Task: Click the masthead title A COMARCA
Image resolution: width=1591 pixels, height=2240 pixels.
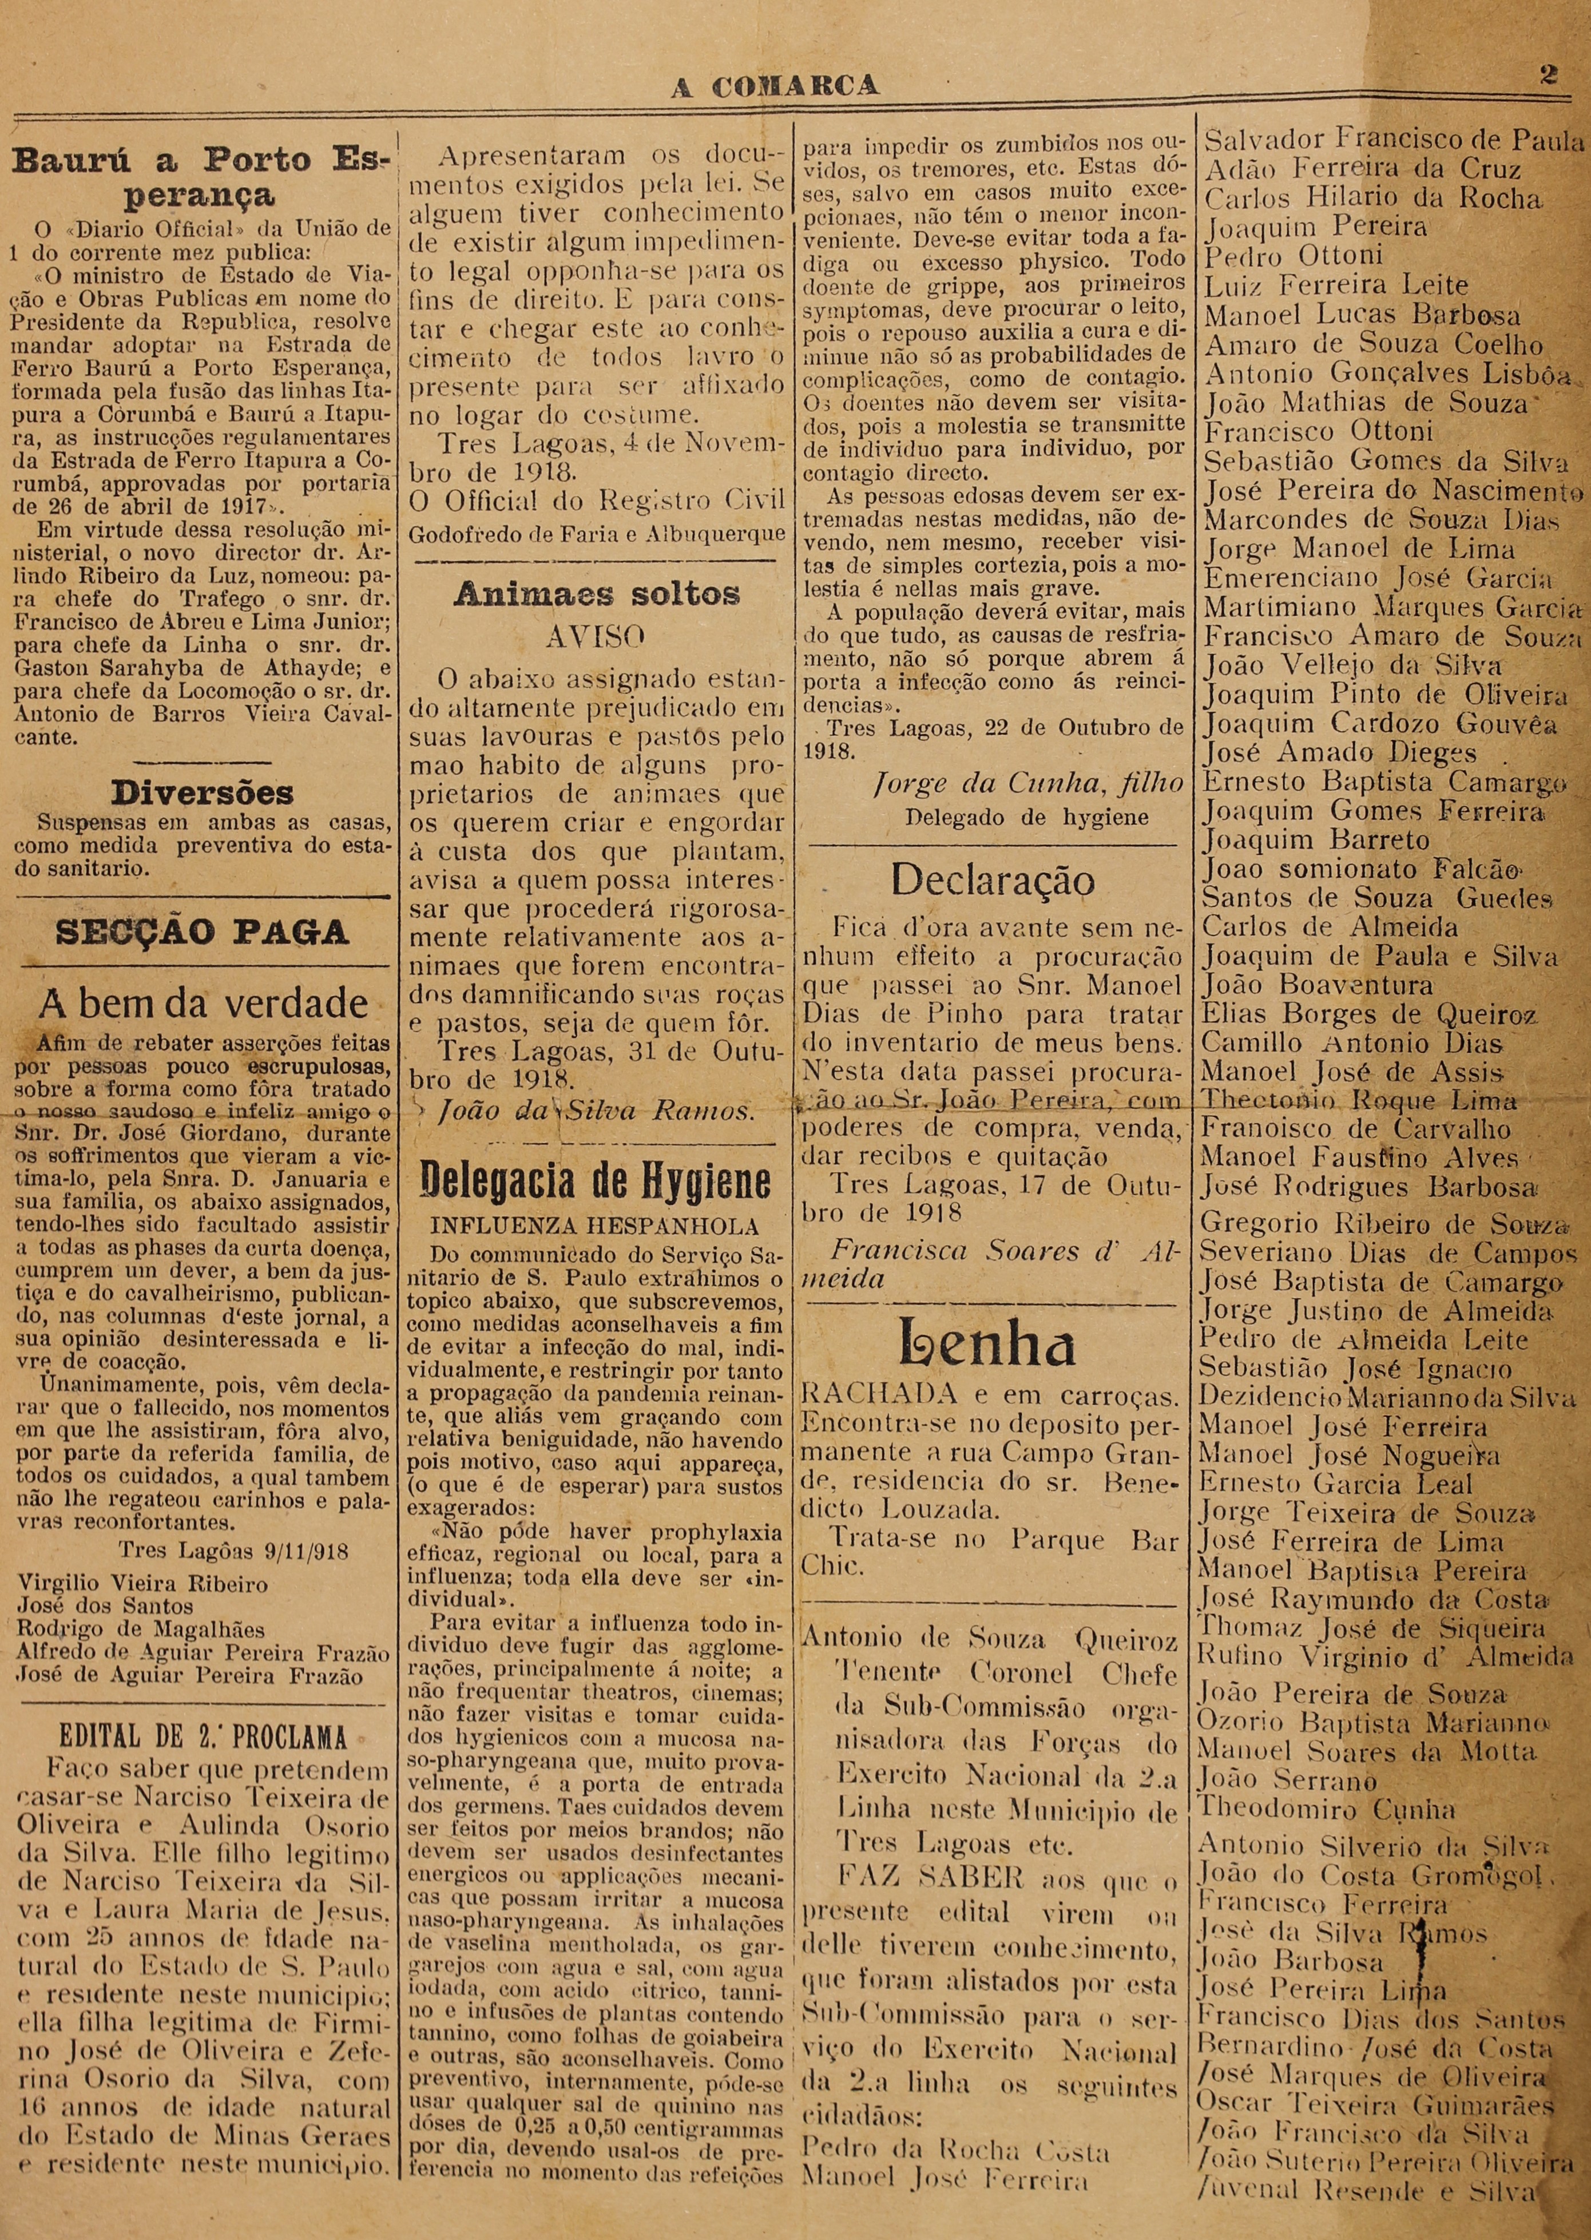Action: coord(774,86)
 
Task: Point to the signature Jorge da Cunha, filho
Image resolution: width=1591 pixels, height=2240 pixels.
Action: coord(1027,783)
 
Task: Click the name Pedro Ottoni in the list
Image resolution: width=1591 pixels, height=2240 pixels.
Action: coord(1292,257)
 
